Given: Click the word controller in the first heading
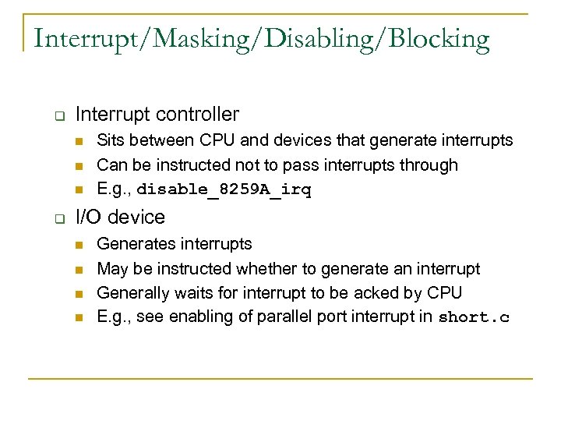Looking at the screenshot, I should click(197, 115).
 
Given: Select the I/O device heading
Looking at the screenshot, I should click(120, 217).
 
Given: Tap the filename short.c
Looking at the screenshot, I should click(474, 317).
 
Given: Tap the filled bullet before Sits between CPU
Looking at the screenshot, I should click(79, 141).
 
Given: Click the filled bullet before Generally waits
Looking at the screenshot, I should click(79, 293).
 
